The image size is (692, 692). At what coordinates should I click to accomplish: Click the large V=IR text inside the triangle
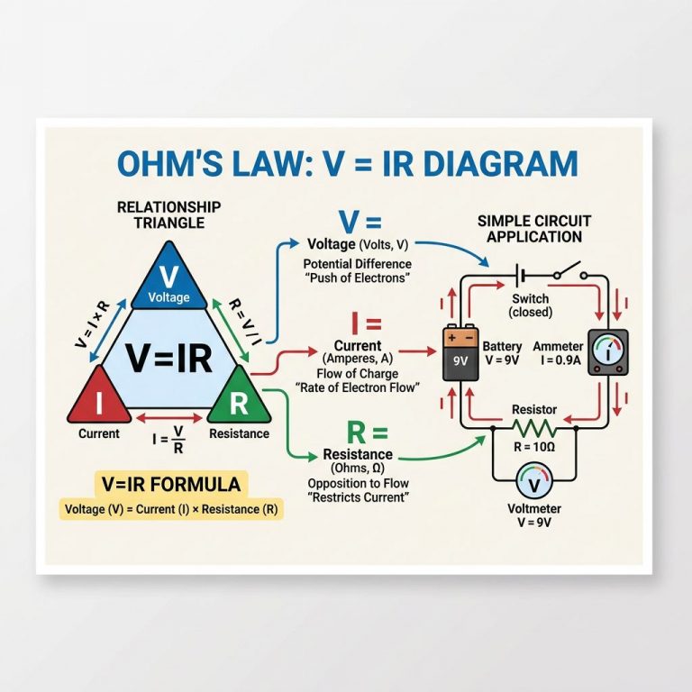[168, 358]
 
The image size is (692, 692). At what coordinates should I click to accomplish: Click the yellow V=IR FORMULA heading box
[171, 485]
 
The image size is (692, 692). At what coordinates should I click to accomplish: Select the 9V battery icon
[460, 353]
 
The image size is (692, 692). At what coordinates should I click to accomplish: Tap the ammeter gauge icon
[607, 352]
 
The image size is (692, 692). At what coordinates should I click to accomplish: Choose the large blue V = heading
[360, 221]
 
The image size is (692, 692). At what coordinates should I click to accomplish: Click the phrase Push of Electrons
[358, 278]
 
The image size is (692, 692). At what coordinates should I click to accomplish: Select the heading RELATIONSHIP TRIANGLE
[168, 214]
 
